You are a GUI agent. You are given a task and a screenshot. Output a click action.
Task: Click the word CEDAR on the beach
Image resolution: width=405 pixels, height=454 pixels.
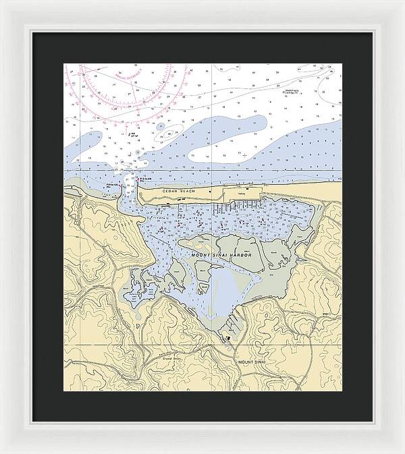[170, 192]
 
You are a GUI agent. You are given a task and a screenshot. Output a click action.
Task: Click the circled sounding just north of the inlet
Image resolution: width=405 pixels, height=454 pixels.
[137, 152]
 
